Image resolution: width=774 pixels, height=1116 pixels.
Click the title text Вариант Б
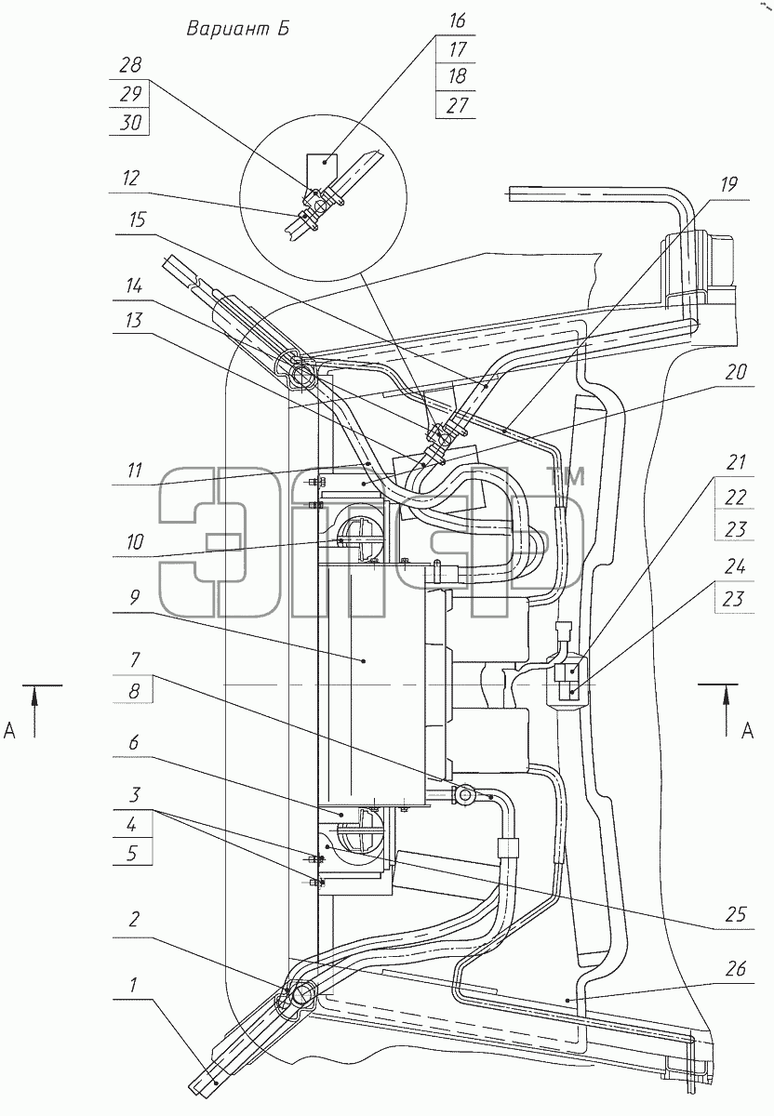(238, 30)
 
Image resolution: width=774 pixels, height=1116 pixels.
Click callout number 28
(130, 65)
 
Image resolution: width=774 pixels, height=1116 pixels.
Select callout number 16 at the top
(457, 21)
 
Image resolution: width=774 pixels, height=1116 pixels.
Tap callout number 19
(728, 185)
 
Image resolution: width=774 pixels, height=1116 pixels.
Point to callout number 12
(130, 179)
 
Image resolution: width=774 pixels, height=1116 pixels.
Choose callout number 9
(135, 598)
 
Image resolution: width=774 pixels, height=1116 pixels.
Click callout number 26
(736, 969)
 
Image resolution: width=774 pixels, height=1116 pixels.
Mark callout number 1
(133, 985)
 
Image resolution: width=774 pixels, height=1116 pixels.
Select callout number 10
(135, 542)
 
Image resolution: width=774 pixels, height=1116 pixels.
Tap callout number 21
(736, 463)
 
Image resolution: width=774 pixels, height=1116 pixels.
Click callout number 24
(735, 566)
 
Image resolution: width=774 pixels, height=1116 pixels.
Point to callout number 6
(133, 743)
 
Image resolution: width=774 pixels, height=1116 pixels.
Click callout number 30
(130, 122)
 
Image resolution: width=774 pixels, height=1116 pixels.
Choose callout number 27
(457, 106)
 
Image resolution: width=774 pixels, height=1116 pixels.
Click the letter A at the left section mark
(10, 731)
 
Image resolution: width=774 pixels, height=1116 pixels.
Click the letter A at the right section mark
(747, 731)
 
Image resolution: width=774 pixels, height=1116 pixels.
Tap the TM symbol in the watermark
(567, 476)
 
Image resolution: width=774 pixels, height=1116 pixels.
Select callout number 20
(736, 372)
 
